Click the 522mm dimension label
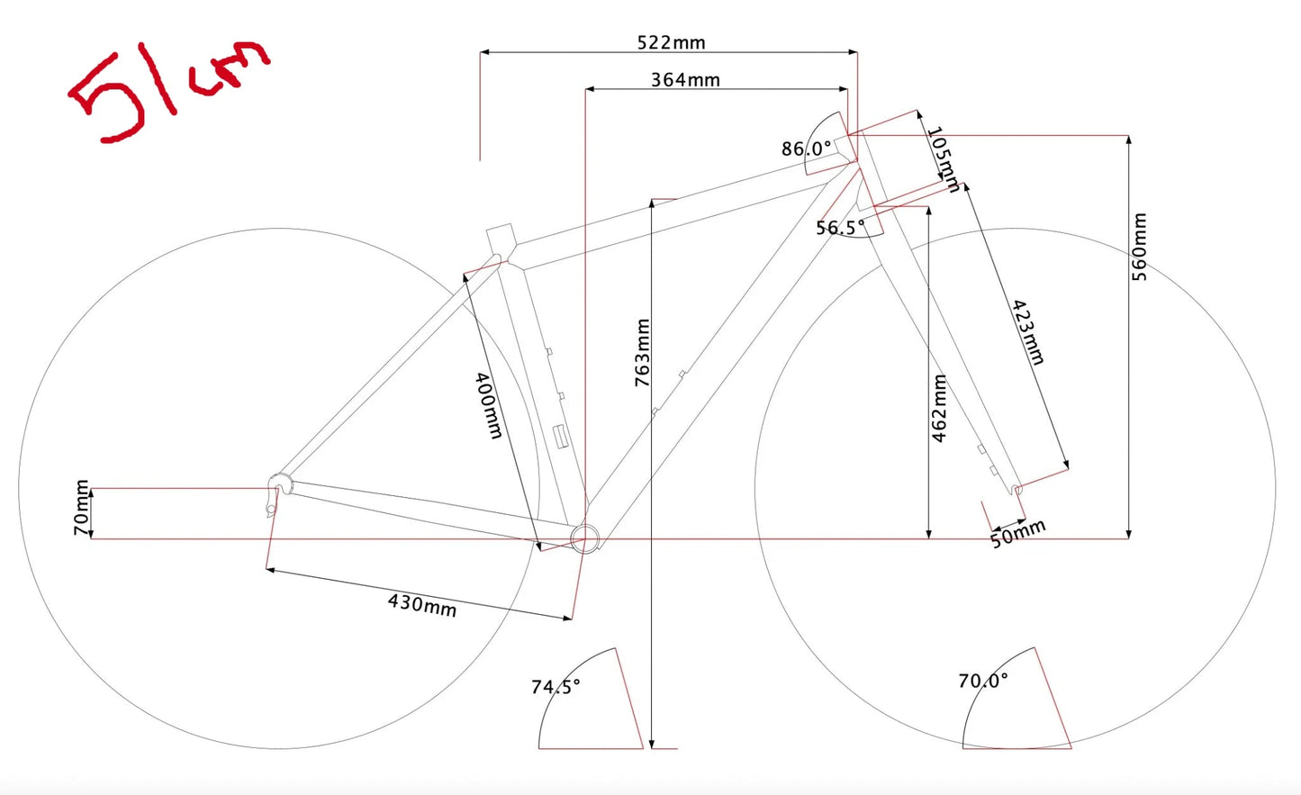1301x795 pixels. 671,42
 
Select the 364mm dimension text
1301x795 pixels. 685,79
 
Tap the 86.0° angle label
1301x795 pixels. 806,149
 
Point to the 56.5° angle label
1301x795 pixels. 840,227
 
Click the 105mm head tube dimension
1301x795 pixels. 944,159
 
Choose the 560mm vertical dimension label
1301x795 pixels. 1140,247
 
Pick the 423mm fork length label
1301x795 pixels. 1027,332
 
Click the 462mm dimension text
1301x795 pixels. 939,408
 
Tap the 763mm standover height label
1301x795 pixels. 642,353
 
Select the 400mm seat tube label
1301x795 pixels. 489,405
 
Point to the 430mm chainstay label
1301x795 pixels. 422,604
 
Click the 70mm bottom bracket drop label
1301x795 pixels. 81,508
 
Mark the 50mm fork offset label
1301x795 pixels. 1018,534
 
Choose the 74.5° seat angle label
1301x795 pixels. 556,687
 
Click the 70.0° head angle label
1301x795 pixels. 983,681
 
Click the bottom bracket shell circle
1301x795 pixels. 585,538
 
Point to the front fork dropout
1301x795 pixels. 1016,491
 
